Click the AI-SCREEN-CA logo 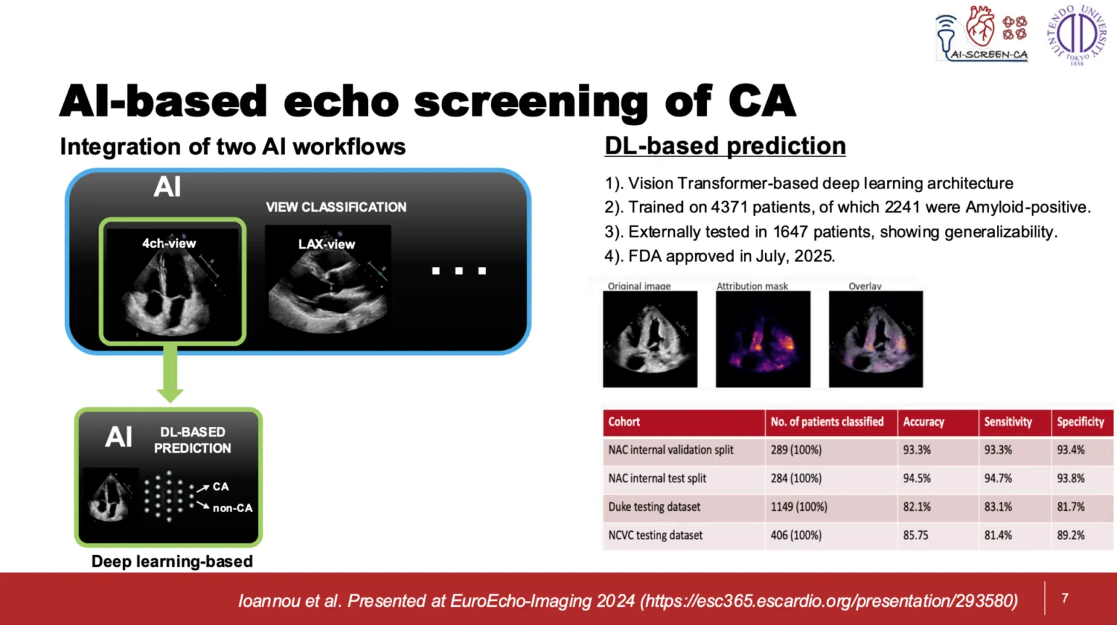(981, 34)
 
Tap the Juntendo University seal (1076, 35)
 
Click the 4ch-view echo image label (169, 244)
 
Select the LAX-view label (327, 244)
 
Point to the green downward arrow (170, 374)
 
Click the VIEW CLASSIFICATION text (336, 207)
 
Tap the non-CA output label (233, 509)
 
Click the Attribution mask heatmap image (763, 339)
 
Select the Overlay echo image (876, 339)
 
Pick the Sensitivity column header (1008, 422)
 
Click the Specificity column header (1081, 422)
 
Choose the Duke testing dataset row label (654, 507)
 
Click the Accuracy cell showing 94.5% (916, 478)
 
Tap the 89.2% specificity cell (1070, 536)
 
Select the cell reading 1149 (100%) (799, 507)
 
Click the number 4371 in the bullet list (729, 207)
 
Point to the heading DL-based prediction (725, 146)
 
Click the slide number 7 (1065, 597)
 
